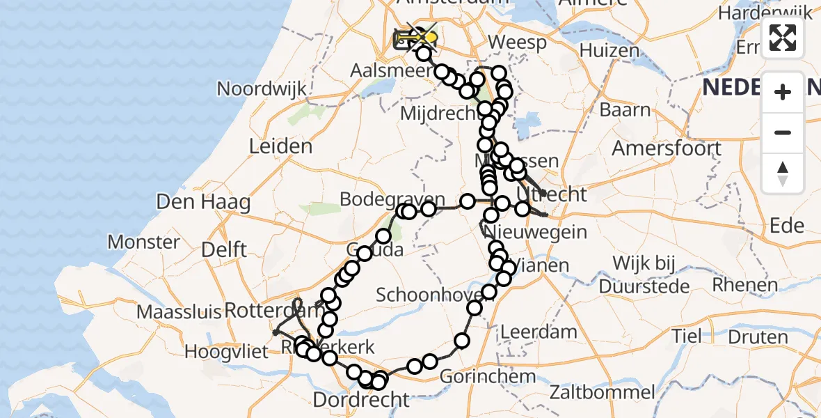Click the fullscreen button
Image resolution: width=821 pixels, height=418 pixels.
[x=783, y=38]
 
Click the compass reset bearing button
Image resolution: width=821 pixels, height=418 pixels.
[x=783, y=173]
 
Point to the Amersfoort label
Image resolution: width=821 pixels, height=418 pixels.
[x=656, y=148]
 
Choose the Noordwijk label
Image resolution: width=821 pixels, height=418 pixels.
[x=262, y=89]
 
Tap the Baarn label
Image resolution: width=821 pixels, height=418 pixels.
[x=625, y=110]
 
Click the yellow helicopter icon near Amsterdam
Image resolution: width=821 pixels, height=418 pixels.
[x=427, y=37]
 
